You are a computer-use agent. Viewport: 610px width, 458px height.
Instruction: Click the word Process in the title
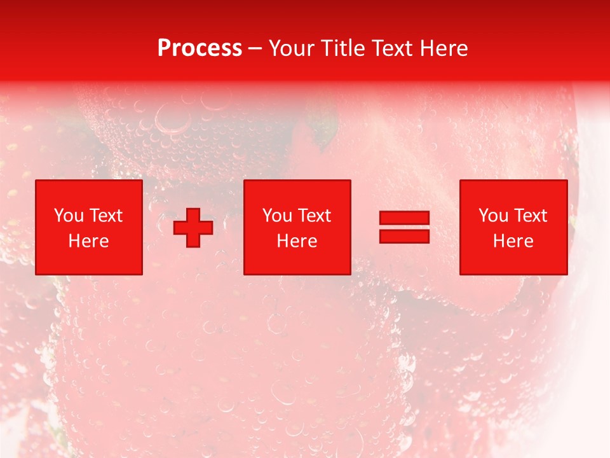coord(200,48)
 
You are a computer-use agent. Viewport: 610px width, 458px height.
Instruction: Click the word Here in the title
coord(445,48)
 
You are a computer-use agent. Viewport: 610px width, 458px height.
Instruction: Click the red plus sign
coord(193,228)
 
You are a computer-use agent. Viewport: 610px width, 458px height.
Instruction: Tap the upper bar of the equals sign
coord(404,218)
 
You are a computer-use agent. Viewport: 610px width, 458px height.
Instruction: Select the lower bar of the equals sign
coord(404,237)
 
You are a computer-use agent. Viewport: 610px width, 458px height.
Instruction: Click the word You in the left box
coord(69,216)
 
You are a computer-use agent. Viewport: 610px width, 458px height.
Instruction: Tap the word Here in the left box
coord(88,241)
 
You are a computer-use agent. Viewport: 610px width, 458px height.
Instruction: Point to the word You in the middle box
coord(277,216)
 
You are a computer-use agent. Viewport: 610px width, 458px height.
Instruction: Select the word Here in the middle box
coord(297,241)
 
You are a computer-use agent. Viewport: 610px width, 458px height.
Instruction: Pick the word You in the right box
coord(493,216)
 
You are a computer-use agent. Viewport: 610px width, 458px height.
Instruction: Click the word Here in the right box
coord(513,241)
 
